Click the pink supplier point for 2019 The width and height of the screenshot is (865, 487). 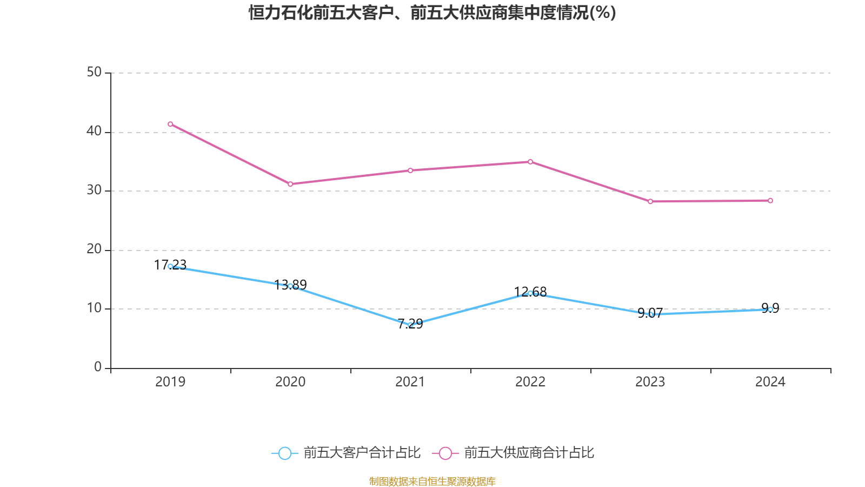[170, 124]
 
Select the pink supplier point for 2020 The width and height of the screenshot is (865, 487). [290, 184]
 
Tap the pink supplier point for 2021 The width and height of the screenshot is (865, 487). [410, 170]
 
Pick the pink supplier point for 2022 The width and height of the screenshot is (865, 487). [530, 162]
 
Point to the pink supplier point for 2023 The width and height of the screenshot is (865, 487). [650, 201]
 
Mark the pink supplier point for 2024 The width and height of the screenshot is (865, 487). [770, 201]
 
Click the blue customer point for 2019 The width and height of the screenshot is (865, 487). [170, 266]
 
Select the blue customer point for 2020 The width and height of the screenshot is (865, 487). [290, 286]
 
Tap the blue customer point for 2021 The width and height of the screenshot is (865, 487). [410, 325]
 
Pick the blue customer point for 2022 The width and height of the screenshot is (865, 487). [530, 293]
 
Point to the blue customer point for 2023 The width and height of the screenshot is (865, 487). [650, 314]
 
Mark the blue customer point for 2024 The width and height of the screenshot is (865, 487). [770, 310]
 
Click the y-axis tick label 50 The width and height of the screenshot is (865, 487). [94, 73]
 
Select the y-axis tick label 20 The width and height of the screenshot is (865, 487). [94, 249]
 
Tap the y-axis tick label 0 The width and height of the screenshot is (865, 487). [98, 367]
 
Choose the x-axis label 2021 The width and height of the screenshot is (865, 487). [410, 382]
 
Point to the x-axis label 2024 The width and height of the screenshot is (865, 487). [770, 382]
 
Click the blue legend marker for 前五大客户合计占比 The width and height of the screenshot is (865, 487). [284, 453]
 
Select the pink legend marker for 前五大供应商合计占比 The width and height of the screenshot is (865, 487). [445, 453]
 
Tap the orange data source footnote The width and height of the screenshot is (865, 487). [432, 481]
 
